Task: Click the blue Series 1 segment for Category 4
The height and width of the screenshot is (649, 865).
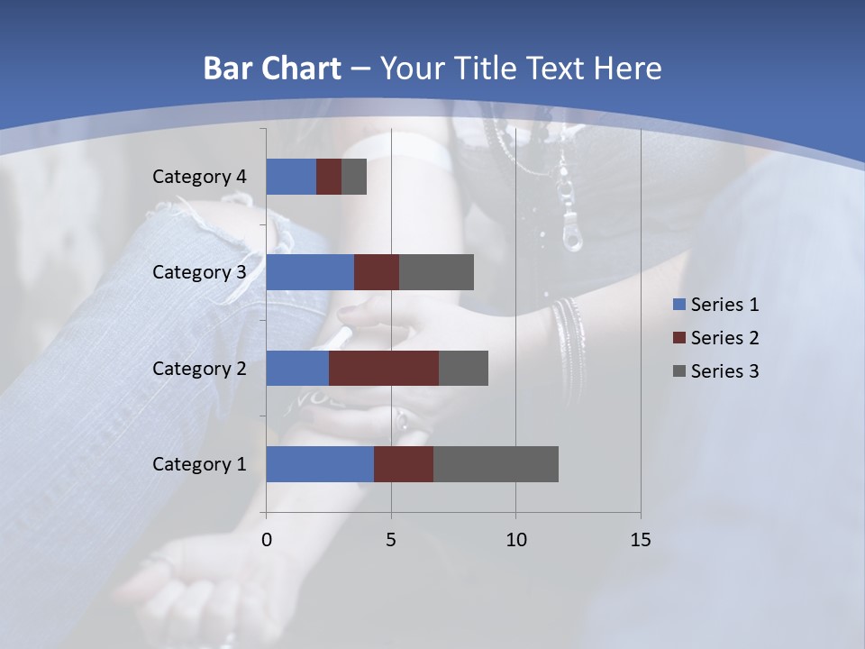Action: coord(291,177)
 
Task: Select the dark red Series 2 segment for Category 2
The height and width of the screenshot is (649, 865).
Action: coord(384,368)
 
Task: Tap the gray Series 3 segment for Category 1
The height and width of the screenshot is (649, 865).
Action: coord(496,464)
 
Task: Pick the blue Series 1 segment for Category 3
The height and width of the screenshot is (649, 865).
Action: coord(310,272)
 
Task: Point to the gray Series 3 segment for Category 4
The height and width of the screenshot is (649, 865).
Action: coord(354,177)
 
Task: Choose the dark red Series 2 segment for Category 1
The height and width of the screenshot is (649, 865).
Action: coord(404,464)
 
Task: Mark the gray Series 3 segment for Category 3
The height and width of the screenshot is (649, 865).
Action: coord(436,272)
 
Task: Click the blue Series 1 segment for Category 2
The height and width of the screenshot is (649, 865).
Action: coord(297,368)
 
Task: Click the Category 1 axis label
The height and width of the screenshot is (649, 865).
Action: coord(199,464)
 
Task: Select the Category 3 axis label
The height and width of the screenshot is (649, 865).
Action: coord(199,272)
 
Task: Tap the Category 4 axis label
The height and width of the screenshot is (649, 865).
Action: coord(199,177)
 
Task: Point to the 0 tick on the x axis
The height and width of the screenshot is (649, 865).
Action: coord(267,540)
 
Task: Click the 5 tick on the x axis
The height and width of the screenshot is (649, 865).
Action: coord(391,540)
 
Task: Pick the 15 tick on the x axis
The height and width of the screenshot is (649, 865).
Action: coord(640,540)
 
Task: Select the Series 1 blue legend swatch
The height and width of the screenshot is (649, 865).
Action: coord(678,305)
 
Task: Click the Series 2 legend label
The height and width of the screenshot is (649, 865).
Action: coord(724,338)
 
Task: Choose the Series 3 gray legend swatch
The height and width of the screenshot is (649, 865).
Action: coord(678,371)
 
